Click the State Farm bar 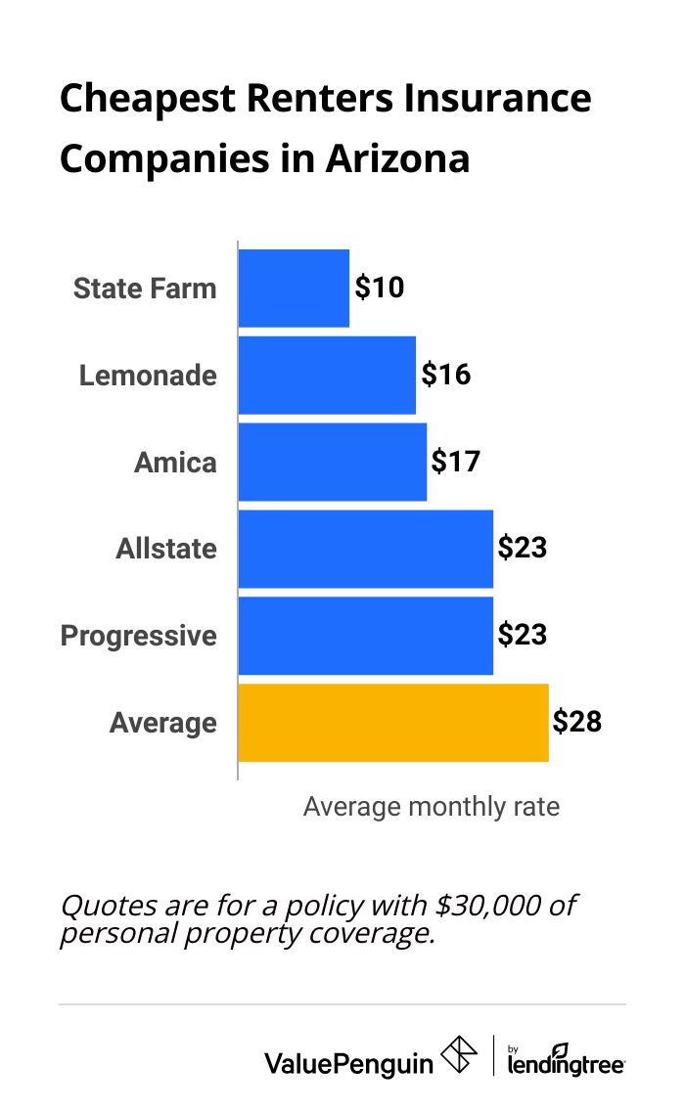(294, 289)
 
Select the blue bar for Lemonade (327, 376)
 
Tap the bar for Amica (333, 462)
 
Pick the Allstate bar (365, 549)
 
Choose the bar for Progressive (365, 636)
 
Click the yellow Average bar (392, 723)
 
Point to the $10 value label (380, 288)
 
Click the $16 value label (445, 375)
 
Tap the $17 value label (456, 461)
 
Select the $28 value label (576, 723)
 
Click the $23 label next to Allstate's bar (522, 548)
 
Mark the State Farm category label (145, 289)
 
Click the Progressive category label (138, 636)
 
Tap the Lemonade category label (148, 376)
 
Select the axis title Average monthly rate (432, 807)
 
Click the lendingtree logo (566, 1059)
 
